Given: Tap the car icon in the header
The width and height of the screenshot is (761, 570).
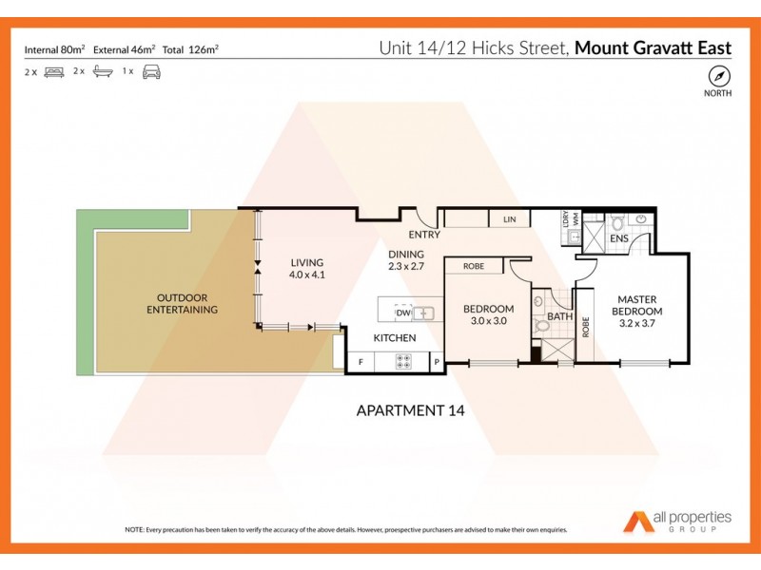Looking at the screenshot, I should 150,71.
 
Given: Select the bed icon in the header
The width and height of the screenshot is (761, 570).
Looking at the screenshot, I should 53,71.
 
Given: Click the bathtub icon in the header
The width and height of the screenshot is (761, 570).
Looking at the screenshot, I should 103,71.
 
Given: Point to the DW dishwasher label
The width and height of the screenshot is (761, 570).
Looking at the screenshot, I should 402,313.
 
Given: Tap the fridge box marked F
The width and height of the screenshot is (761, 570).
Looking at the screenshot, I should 361,361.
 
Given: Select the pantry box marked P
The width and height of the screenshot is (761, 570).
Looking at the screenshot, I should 436,361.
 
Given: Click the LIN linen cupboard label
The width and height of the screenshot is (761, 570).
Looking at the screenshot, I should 510,220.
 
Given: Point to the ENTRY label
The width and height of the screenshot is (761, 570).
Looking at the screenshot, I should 423,234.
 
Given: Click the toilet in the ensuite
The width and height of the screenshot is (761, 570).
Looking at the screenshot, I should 616,224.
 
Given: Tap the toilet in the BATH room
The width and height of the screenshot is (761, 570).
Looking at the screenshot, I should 543,326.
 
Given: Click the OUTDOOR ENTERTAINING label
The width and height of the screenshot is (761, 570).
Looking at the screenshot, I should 182,303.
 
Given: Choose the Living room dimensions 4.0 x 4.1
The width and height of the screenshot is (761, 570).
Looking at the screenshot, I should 307,275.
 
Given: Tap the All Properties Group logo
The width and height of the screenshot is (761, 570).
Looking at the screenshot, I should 677,521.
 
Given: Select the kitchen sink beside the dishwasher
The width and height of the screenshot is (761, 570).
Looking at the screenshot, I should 425,313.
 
